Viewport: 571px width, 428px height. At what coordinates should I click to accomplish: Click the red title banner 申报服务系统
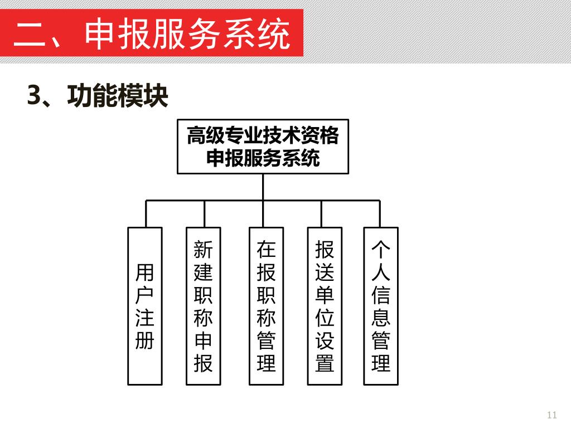coord(152,33)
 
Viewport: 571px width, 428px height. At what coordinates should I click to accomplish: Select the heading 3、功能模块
coord(98,96)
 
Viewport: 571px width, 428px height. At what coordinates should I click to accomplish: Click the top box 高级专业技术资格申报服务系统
coord(263,147)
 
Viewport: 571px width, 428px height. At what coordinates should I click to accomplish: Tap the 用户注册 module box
coord(145,306)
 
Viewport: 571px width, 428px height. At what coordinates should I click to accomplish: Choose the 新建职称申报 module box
coord(203,306)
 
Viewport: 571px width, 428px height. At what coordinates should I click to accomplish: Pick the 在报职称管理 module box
coord(266,306)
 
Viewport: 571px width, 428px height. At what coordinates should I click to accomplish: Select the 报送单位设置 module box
coord(324,306)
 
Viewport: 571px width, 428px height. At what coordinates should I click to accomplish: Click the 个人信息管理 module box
coord(381,306)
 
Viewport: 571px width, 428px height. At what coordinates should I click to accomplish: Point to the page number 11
coord(552,415)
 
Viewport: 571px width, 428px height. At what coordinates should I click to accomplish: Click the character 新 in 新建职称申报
coord(203,249)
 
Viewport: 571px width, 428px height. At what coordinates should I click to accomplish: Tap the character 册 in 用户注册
coord(145,340)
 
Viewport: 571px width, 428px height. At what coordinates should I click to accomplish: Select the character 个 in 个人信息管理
coord(381,249)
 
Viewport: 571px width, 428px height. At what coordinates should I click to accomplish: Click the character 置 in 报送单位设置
coord(324,363)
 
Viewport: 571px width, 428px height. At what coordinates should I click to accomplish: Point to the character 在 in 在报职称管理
coord(266,249)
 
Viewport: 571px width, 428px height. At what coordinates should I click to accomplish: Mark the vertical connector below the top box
coord(263,187)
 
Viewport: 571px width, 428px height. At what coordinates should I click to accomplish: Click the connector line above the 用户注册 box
coord(146,213)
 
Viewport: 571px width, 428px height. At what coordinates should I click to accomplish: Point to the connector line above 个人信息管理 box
coord(380,213)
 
